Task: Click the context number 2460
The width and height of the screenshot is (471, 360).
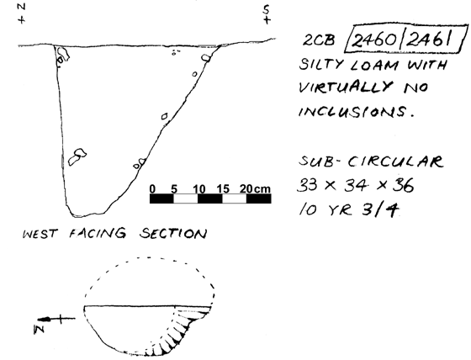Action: pyautogui.click(x=374, y=40)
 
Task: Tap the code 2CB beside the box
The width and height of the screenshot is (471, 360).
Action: pyautogui.click(x=319, y=40)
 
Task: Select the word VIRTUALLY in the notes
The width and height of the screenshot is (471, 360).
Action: pyautogui.click(x=346, y=87)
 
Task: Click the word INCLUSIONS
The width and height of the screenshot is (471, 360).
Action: pyautogui.click(x=357, y=112)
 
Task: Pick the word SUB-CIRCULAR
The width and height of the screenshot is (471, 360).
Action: pyautogui.click(x=371, y=161)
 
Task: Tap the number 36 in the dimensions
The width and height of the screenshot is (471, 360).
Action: pyautogui.click(x=404, y=185)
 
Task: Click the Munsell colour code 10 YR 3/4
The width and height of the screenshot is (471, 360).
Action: pyautogui.click(x=348, y=209)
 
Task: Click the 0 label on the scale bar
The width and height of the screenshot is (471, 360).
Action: pyautogui.click(x=152, y=189)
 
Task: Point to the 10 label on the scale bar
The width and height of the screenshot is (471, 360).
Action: pyautogui.click(x=198, y=189)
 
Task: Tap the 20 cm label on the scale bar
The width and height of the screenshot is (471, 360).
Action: pyautogui.click(x=255, y=189)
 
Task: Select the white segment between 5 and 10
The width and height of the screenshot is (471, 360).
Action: pyautogui.click(x=186, y=199)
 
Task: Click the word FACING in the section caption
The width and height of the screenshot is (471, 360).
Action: pyautogui.click(x=98, y=233)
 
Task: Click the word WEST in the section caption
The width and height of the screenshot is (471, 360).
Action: pyautogui.click(x=40, y=234)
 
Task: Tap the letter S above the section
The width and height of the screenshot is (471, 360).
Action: pyautogui.click(x=266, y=11)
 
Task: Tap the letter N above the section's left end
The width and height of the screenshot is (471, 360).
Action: pyautogui.click(x=21, y=8)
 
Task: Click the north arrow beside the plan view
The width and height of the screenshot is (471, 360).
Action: pyautogui.click(x=56, y=319)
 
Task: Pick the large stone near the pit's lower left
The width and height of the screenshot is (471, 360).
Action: pyautogui.click(x=77, y=156)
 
